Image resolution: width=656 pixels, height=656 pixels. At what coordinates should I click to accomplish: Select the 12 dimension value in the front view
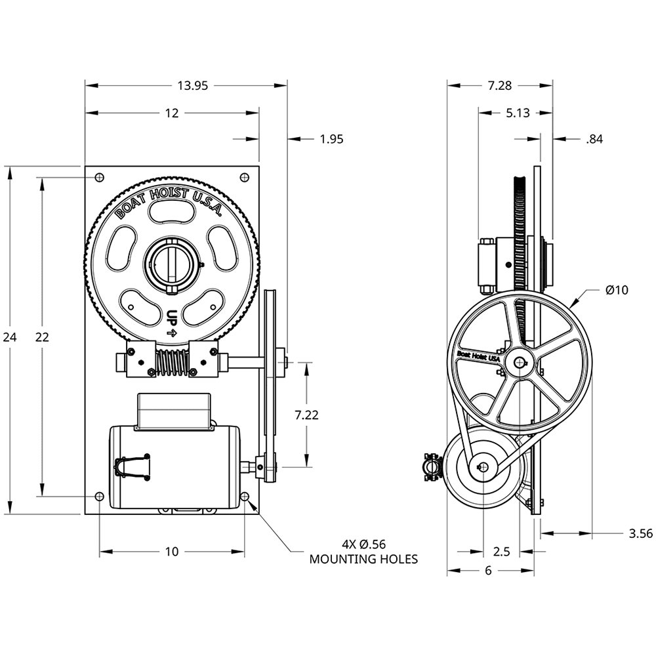pos(172,113)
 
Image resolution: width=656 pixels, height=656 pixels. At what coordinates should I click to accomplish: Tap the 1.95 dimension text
pos(331,138)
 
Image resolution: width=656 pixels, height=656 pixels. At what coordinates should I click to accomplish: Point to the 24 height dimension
pos(10,337)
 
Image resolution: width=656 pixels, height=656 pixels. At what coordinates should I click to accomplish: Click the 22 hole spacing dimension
pos(42,337)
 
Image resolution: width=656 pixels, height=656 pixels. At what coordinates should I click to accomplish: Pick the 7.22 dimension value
pos(307,414)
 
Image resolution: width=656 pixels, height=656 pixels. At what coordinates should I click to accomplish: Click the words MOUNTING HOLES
pos(363,559)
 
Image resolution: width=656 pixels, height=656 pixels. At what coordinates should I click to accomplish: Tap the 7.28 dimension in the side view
pos(500,85)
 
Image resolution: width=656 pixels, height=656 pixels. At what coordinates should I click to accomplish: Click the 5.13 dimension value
pos(518,113)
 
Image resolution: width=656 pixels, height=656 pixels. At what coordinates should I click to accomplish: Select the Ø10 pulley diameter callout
pos(617,289)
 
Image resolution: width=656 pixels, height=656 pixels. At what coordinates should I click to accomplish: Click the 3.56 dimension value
pos(640,533)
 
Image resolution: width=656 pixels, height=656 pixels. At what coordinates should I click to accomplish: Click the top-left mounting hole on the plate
pos(99,177)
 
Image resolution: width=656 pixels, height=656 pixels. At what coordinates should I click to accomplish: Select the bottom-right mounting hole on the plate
pos(245,497)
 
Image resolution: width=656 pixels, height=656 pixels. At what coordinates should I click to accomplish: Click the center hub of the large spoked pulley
pos(520,361)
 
